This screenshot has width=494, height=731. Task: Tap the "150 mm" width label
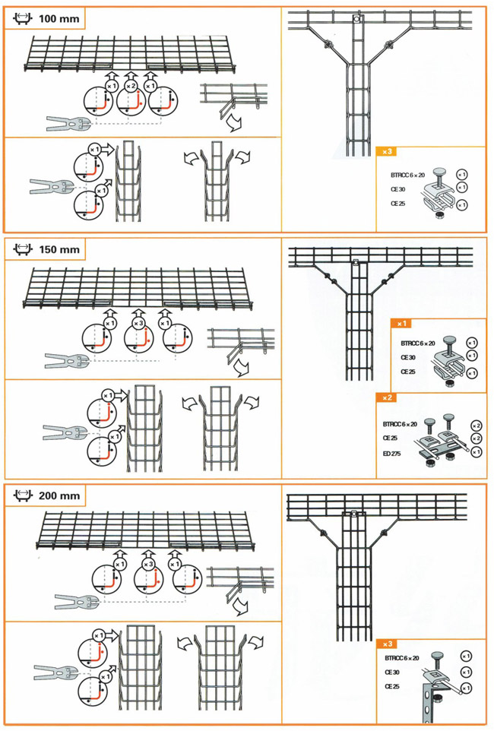pos(57,249)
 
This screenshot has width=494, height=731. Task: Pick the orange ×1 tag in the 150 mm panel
pos(402,323)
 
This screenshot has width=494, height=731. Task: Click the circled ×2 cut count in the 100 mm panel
pos(131,86)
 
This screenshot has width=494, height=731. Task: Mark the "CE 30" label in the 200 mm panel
pos(393,672)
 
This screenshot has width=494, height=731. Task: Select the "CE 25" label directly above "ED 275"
pos(391,438)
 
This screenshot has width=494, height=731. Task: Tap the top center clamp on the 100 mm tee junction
pos(356,20)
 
